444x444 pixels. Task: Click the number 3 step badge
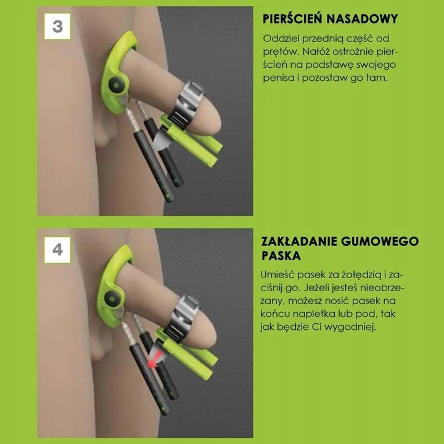tap(57, 26)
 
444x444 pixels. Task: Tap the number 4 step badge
tap(57, 250)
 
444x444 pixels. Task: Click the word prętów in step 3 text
tap(279, 52)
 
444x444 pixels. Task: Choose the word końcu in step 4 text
tap(277, 314)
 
